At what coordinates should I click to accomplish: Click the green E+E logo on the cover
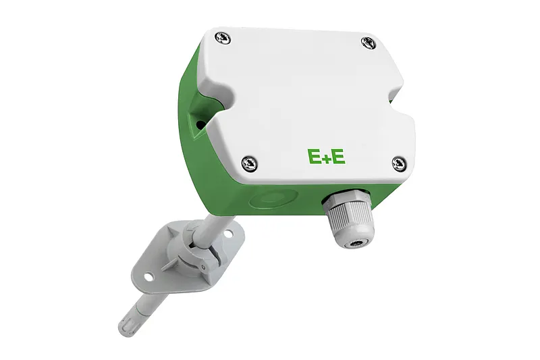326,157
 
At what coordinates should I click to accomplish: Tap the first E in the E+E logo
315,157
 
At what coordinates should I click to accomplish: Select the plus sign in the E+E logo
327,157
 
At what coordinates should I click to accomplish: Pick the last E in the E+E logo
338,157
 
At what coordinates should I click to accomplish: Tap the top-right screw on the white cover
367,43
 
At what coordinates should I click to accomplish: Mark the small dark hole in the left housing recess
200,124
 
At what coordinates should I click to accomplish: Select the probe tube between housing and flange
210,224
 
